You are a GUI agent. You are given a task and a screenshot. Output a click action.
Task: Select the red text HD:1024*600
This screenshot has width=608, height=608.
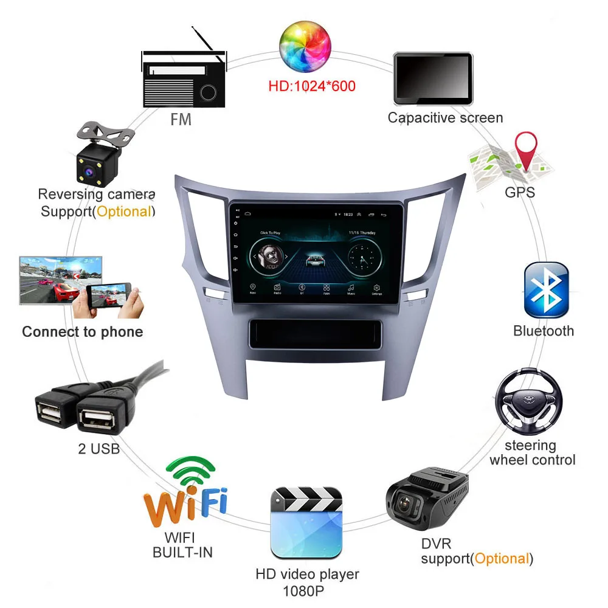click(311, 86)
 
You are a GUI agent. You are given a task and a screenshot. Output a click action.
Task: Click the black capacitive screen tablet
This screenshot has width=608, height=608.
click(433, 78)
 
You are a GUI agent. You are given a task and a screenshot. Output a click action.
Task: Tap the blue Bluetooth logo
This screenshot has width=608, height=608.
click(545, 291)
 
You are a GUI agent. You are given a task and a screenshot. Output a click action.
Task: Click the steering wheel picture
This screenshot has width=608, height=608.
click(528, 401)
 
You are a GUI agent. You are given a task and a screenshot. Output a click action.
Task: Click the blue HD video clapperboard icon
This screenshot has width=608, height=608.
click(306, 522)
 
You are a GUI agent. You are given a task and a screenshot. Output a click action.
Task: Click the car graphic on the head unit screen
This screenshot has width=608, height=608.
click(314, 260)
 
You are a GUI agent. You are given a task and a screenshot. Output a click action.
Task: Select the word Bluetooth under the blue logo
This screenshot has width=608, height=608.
click(544, 331)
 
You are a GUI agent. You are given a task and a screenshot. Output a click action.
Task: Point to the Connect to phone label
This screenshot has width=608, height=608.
click(83, 332)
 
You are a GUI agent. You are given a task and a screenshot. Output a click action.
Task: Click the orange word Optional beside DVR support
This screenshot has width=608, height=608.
click(502, 558)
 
